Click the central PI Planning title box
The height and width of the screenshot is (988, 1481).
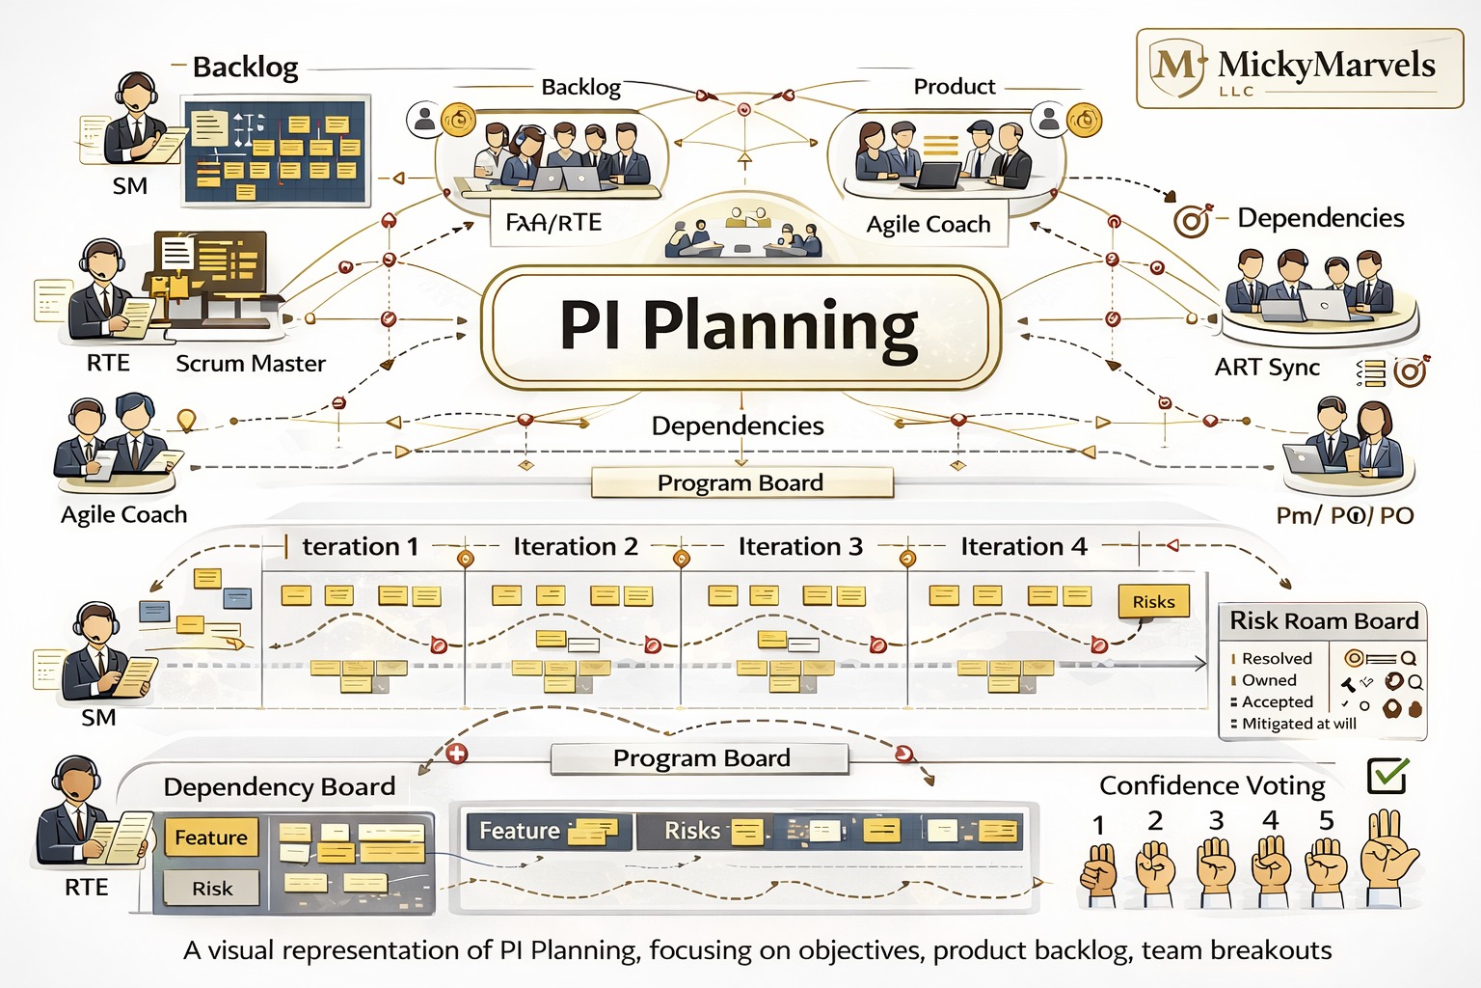[740, 326]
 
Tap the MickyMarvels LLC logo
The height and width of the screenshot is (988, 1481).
[1299, 68]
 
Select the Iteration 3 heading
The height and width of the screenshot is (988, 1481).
[799, 546]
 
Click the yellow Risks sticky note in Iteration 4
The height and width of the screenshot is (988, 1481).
[1153, 601]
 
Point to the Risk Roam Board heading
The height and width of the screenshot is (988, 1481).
[1323, 620]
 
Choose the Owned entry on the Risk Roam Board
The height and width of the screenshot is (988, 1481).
[1269, 680]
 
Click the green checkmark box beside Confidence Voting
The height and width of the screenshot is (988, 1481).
[1387, 775]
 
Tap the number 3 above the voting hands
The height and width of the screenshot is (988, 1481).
[1216, 820]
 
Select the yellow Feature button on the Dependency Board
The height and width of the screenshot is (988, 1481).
[210, 837]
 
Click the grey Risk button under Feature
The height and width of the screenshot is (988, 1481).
[211, 889]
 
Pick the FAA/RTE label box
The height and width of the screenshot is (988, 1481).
[553, 223]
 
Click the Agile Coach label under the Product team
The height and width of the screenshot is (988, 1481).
[928, 224]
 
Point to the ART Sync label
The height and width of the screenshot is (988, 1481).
[1267, 368]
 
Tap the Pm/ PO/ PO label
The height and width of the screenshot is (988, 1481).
[1344, 515]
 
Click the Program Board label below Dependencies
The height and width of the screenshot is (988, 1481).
[740, 482]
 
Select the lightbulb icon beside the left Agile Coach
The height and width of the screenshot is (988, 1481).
[186, 421]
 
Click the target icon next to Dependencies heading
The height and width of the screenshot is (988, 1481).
[1192, 221]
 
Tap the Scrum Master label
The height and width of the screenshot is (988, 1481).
[251, 364]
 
